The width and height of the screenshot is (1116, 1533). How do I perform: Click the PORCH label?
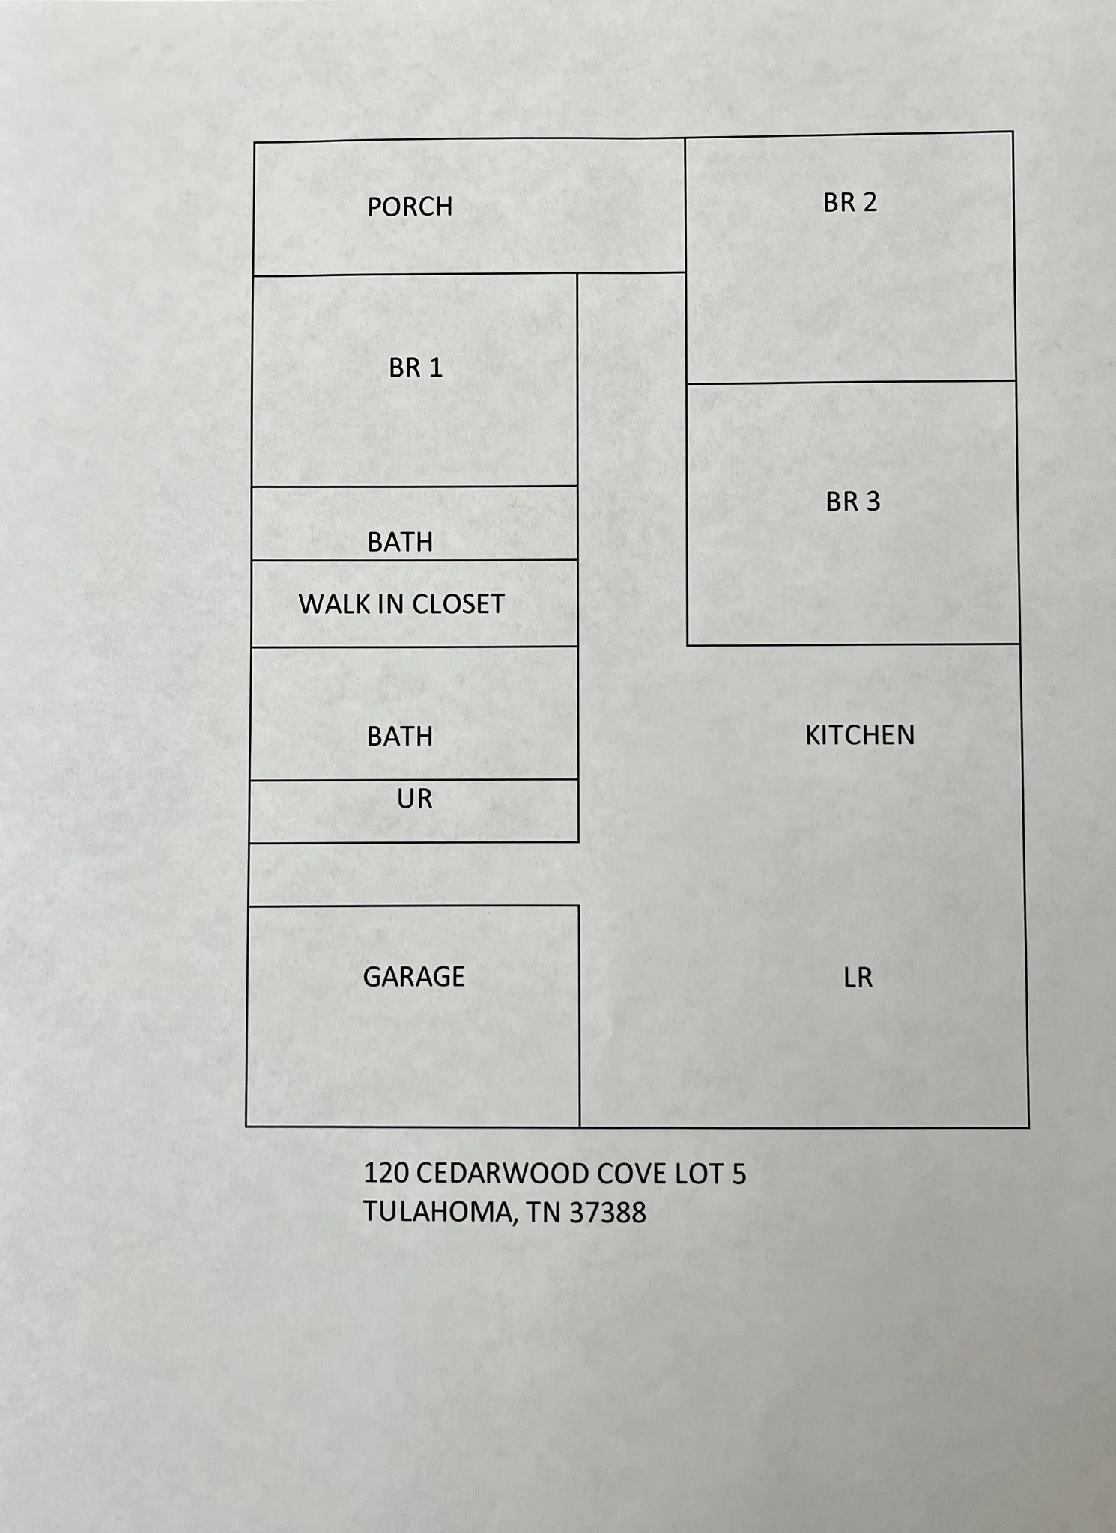410,207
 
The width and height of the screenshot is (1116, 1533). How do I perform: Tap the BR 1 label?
416,368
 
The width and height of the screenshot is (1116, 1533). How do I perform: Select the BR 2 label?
849,202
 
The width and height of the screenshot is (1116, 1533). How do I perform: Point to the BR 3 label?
853,502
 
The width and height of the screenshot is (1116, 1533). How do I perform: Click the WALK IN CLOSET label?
401,604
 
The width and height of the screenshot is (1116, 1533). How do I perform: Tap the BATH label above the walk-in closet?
400,542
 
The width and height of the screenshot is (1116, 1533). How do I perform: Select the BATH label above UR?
400,737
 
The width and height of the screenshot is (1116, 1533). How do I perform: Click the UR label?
415,799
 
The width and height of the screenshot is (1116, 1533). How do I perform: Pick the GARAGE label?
414,976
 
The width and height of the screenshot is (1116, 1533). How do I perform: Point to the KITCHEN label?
860,735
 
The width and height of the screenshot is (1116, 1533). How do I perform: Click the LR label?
858,978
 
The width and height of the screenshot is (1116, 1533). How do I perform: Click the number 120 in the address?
385,1174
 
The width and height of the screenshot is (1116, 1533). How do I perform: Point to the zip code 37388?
607,1213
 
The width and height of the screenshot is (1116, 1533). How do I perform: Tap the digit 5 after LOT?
739,1174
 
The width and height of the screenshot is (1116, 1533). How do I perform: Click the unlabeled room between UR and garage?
413,874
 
